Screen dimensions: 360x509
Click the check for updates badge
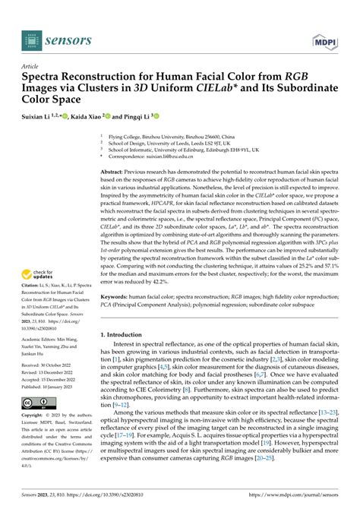pyautogui.click(x=41, y=275)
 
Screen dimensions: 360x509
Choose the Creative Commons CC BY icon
pyautogui.click(x=37, y=403)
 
